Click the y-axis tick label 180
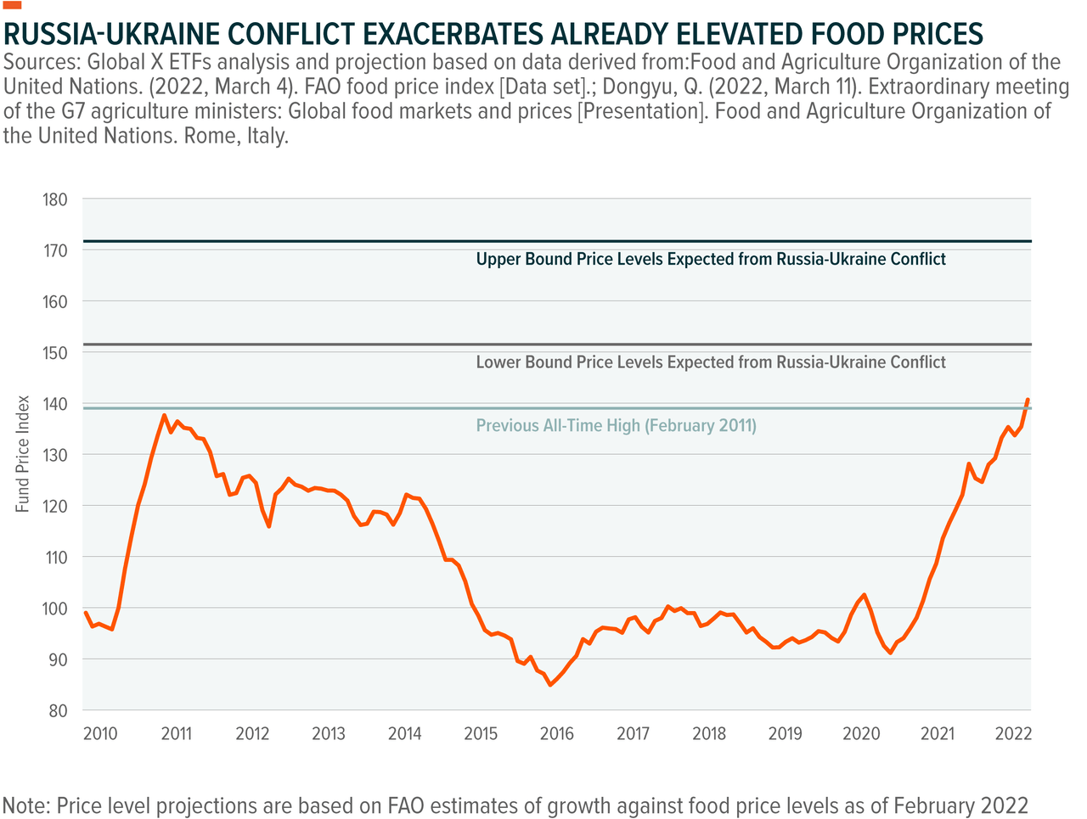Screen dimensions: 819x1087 (54, 199)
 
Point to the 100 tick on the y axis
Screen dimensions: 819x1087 (54, 609)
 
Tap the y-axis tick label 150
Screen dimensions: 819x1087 (54, 352)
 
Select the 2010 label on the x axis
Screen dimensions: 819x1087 (100, 733)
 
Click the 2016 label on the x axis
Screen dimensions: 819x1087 (557, 733)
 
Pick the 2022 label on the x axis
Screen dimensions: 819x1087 (1013, 733)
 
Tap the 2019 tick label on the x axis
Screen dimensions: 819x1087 (785, 733)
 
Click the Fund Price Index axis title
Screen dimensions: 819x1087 (23, 454)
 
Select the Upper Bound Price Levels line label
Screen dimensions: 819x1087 (710, 260)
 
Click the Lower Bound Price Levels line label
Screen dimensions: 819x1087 (710, 362)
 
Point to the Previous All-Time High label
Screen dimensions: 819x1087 (616, 426)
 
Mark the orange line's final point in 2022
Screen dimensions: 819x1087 (1028, 399)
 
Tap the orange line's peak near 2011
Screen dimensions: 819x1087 (164, 415)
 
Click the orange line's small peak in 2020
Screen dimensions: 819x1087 (864, 595)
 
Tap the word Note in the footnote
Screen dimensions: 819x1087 (25, 805)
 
